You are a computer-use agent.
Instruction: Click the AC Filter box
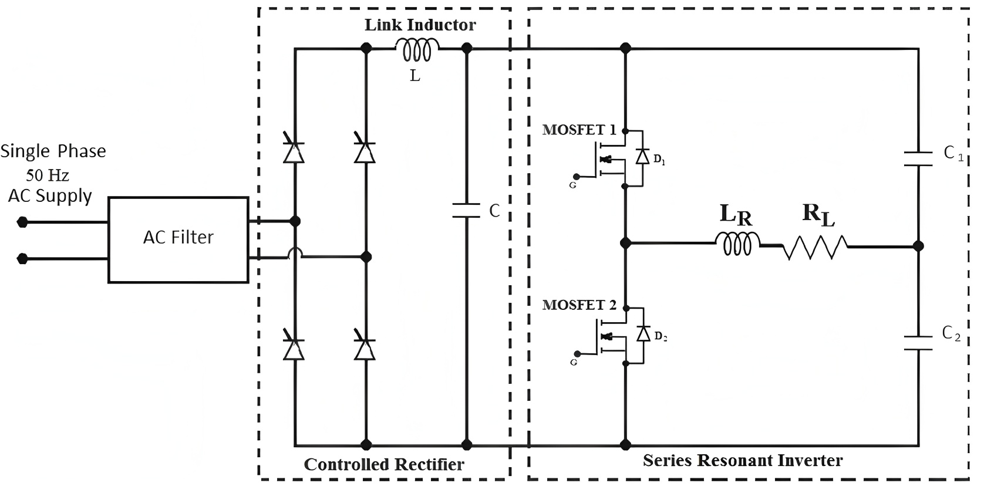point(178,239)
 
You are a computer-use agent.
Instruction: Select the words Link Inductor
point(420,25)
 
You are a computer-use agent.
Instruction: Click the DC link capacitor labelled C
point(467,211)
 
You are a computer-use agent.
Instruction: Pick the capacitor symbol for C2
point(918,343)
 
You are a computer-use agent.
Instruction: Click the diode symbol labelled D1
point(643,157)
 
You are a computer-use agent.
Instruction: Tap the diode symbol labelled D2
point(643,333)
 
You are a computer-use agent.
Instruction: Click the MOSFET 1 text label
point(579,130)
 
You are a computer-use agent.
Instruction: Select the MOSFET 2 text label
point(579,305)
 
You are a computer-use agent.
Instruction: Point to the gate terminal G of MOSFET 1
point(577,176)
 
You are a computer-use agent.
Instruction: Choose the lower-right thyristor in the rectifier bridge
point(365,349)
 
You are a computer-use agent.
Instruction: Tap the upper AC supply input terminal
point(22,222)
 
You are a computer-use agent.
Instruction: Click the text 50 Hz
point(48,175)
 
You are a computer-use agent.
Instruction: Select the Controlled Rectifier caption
point(384,465)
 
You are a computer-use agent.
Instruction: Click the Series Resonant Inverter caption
point(743,460)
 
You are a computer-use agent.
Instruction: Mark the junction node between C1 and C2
point(918,246)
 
